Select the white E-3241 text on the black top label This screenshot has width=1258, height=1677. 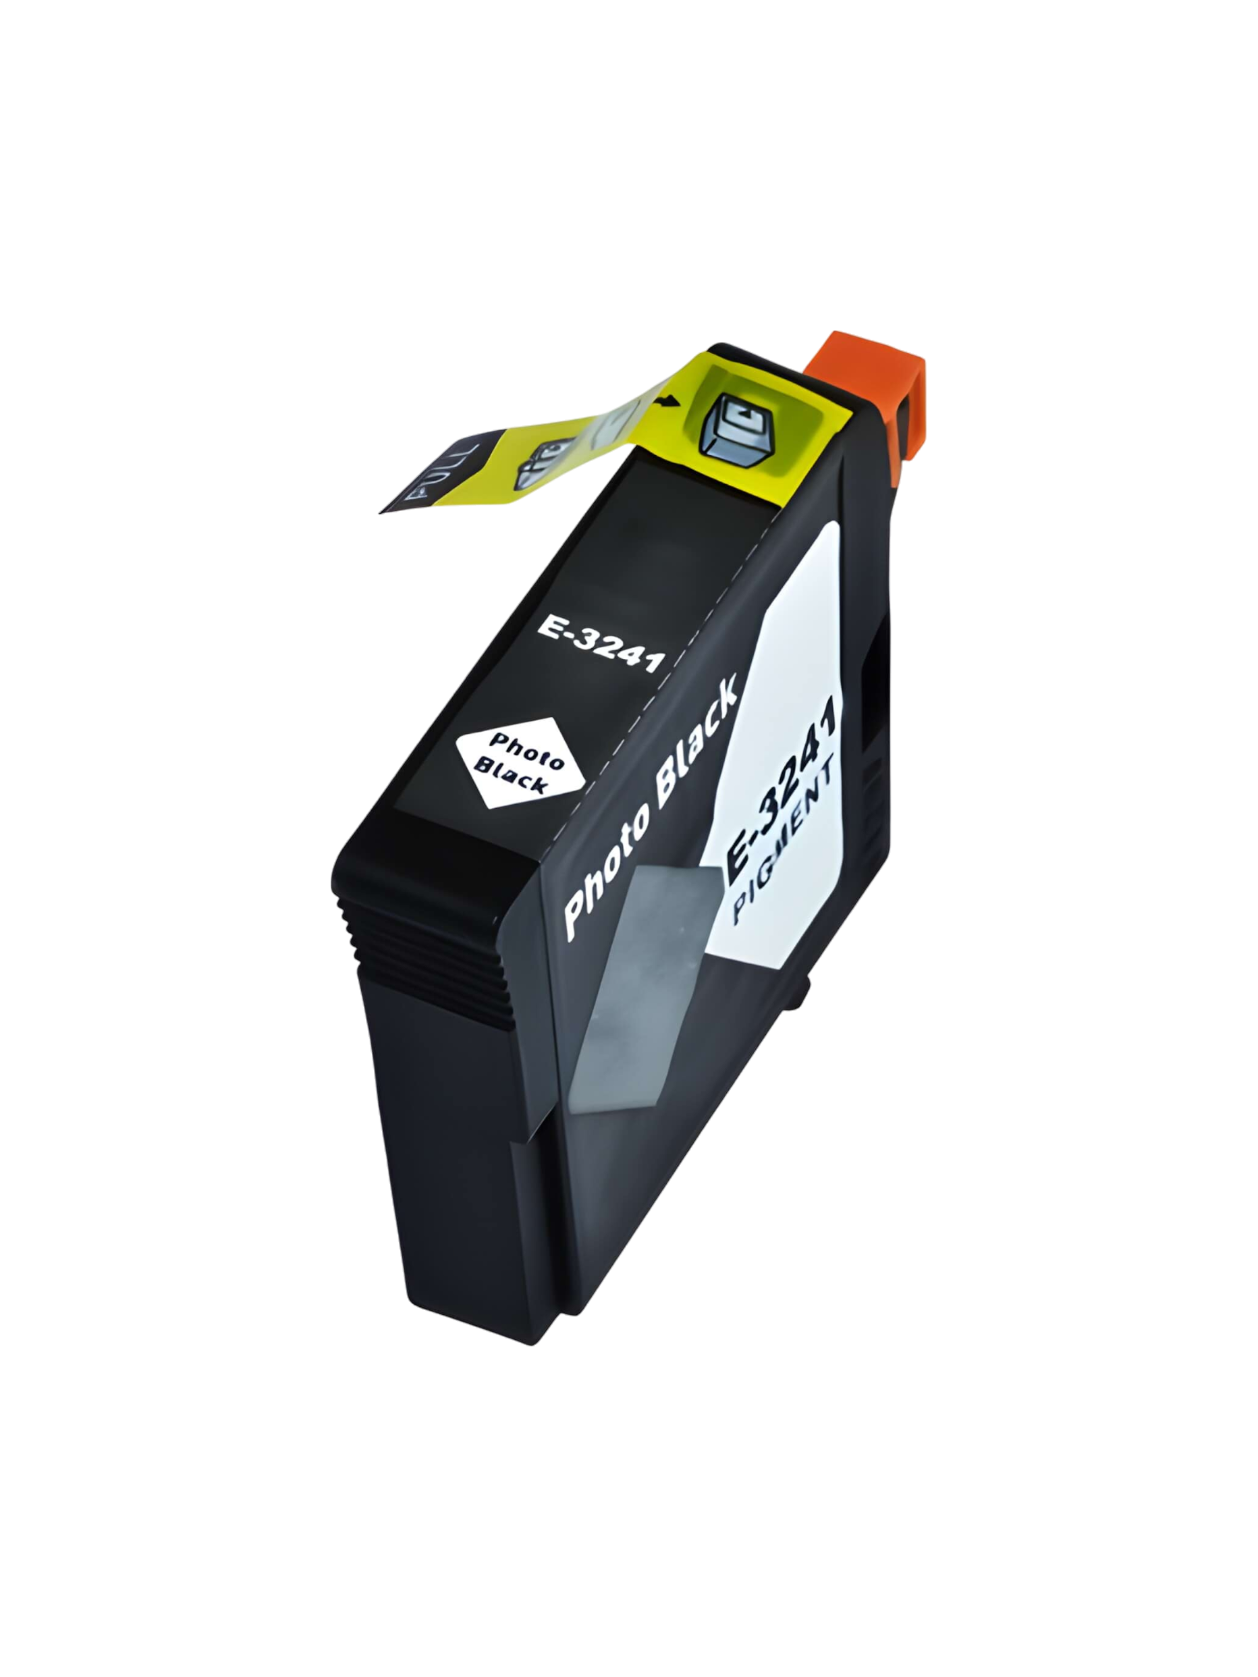[x=601, y=644]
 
